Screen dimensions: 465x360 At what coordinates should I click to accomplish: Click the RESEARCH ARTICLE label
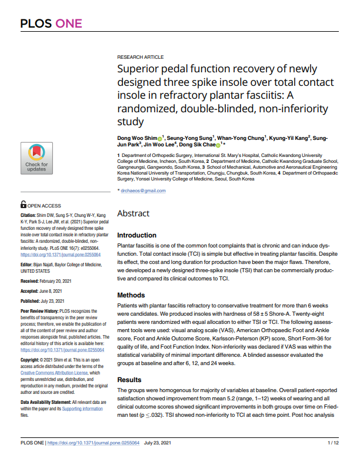(141, 56)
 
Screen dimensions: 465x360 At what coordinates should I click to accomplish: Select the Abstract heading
(134, 213)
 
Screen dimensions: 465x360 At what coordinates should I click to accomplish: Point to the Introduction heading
(137, 235)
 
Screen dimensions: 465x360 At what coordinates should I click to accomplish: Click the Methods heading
(131, 295)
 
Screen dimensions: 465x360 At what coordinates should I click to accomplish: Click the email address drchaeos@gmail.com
(143, 190)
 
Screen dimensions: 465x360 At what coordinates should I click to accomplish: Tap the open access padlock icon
(23, 205)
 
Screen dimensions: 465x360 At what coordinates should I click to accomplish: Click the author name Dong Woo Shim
(137, 138)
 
